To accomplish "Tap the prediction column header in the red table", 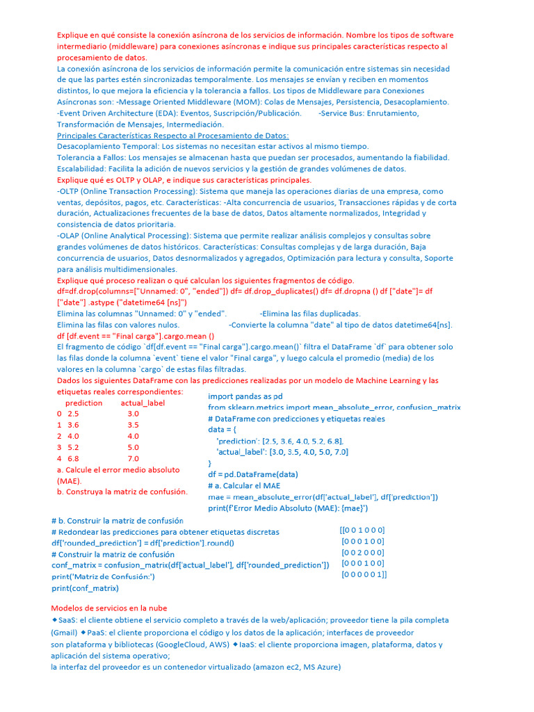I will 83,403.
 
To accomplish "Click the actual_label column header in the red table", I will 143,403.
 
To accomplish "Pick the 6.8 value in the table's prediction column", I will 73,459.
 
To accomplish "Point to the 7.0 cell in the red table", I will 133,459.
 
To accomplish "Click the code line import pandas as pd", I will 245,396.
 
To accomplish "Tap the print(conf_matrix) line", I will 85,588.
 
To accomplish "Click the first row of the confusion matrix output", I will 362,530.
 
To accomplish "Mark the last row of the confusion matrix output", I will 364,575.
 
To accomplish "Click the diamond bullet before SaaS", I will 54,619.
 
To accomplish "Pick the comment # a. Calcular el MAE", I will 244,485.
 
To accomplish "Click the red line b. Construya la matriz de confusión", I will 122,492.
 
